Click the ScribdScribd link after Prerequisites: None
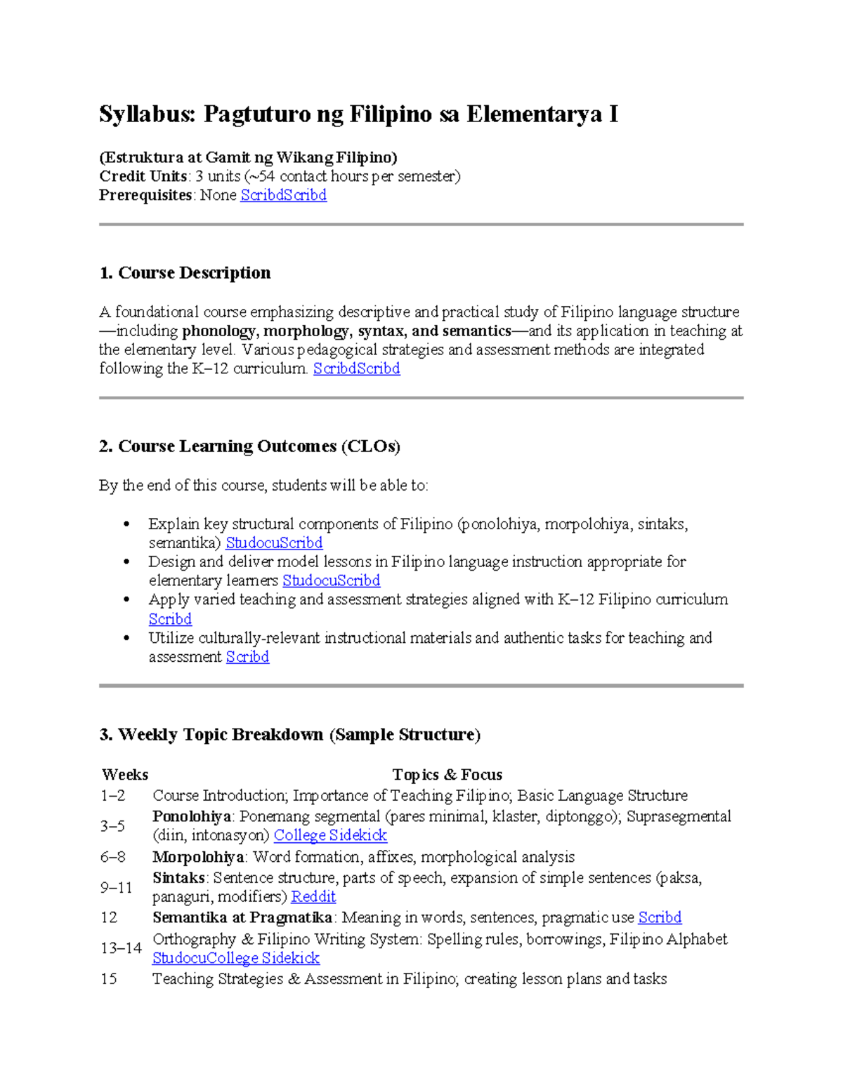tap(283, 195)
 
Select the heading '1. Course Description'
tap(185, 272)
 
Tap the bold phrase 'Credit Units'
tap(143, 176)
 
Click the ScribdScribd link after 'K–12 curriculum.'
tap(356, 368)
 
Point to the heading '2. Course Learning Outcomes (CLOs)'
tap(249, 446)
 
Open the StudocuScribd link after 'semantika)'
tap(274, 543)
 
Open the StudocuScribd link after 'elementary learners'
tap(331, 580)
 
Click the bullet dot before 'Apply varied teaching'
tap(126, 600)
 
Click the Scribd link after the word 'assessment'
tap(247, 657)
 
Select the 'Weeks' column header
tap(125, 774)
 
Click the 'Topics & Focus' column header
tap(447, 774)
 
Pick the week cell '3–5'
tap(112, 826)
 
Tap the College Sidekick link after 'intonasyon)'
tap(330, 835)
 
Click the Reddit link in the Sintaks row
tap(313, 896)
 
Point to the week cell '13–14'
tap(121, 948)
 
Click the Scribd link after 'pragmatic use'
tap(659, 917)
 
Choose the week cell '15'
tap(109, 978)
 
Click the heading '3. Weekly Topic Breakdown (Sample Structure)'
tap(289, 735)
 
